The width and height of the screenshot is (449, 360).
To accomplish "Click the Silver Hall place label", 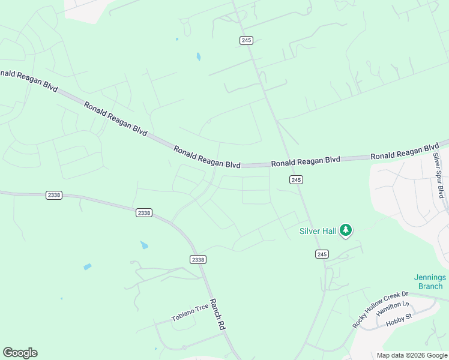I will [x=318, y=230].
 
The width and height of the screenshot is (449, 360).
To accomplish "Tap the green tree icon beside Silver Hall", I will [x=345, y=230].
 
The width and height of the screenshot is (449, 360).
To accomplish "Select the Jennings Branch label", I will [x=430, y=281].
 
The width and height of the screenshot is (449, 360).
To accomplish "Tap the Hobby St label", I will [x=396, y=322].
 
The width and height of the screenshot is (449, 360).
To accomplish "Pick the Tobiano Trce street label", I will [x=190, y=312].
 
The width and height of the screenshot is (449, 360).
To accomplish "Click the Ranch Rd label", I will [x=217, y=314].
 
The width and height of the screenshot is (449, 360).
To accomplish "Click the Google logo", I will [x=20, y=353].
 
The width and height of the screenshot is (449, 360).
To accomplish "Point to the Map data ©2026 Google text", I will [x=412, y=355].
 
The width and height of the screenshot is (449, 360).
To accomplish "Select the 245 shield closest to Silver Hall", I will [x=322, y=254].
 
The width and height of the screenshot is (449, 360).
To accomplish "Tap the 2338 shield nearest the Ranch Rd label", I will [x=197, y=259].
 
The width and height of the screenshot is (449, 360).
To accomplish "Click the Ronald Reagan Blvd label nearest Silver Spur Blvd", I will [x=405, y=152].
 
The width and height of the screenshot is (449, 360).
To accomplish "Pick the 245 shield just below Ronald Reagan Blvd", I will [x=295, y=180].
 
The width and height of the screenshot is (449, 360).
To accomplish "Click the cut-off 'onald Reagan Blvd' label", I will [x=29, y=80].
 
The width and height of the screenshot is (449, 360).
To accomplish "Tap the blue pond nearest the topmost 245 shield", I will [x=198, y=57].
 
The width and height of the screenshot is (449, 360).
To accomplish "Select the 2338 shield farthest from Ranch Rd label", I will [x=53, y=196].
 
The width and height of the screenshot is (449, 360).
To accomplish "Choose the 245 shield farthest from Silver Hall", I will [x=246, y=40].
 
